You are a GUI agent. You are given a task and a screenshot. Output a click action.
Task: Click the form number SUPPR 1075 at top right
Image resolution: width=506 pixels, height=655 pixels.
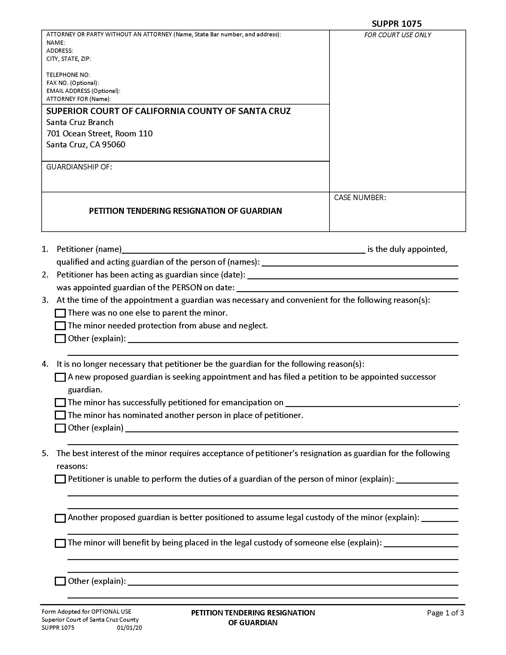[x=396, y=24]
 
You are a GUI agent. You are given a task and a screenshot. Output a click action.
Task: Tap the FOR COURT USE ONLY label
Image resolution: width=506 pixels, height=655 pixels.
[x=397, y=35]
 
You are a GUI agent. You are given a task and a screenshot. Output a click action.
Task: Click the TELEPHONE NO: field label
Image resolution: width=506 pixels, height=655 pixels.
[x=68, y=75]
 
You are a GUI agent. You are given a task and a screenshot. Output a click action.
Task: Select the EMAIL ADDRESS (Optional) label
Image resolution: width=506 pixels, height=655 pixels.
[x=83, y=91]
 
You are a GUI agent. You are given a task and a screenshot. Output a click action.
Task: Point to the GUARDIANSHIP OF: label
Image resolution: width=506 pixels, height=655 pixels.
[x=79, y=167]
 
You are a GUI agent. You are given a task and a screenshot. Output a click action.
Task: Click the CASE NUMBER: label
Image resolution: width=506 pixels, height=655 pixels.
[x=360, y=198]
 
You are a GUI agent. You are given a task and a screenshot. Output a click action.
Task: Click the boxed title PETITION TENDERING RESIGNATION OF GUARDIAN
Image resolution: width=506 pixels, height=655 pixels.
[x=185, y=211]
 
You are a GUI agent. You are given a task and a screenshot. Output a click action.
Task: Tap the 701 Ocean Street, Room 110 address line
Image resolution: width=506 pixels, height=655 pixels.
[x=99, y=133]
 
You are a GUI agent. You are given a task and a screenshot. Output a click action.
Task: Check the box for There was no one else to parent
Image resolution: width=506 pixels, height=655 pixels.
[x=60, y=313]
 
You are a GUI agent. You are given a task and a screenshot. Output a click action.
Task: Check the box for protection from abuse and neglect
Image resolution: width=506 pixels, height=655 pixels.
[x=60, y=326]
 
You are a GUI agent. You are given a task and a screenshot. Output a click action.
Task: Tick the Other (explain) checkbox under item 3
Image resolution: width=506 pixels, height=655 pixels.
[x=60, y=339]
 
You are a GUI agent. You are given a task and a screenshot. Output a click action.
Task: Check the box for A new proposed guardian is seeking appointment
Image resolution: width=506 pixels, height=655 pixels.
[x=60, y=377]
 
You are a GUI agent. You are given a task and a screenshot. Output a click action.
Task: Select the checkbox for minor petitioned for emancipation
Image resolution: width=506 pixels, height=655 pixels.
[x=60, y=403]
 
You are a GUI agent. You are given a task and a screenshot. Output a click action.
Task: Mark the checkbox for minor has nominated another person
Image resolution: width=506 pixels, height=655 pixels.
[x=60, y=415]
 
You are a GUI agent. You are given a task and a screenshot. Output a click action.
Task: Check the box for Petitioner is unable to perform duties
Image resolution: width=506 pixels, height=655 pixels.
[x=60, y=479]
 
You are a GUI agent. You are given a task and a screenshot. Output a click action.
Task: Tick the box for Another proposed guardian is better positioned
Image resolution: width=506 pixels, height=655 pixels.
[x=60, y=518]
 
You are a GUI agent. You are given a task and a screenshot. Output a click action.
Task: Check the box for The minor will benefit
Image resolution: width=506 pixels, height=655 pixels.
[x=60, y=543]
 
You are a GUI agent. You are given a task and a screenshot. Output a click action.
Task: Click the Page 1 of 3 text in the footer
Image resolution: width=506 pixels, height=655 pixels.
[x=445, y=613]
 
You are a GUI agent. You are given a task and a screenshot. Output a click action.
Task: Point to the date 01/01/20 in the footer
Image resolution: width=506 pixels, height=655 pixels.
[x=129, y=628]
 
